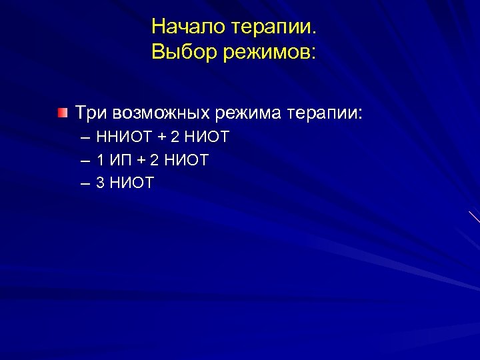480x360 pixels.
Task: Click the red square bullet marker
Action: point(62,111)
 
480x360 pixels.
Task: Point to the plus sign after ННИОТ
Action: point(160,138)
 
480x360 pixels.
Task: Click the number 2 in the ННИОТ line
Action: point(175,138)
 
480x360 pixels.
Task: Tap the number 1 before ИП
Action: point(100,160)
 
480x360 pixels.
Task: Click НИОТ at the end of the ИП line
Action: point(187,160)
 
